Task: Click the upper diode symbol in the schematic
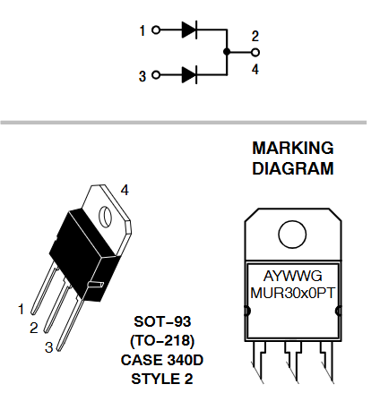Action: point(189,30)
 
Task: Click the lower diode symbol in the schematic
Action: point(189,74)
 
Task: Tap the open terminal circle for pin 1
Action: point(156,30)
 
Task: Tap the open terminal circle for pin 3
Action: point(156,74)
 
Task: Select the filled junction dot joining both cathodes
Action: point(227,52)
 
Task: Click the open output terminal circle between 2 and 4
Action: point(255,52)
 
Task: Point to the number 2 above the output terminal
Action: point(255,36)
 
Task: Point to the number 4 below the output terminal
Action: point(255,69)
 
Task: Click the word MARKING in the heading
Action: point(293,148)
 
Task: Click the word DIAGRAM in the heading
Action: point(293,168)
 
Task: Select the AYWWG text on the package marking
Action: point(292,276)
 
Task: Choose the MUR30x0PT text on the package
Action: point(292,293)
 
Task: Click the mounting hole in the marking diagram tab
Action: point(292,235)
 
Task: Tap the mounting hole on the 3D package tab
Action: point(105,217)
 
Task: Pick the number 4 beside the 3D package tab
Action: point(125,190)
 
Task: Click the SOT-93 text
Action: point(162,321)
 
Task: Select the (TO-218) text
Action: point(162,340)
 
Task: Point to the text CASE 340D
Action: point(162,360)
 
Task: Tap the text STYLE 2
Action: point(162,379)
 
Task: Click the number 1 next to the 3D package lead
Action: point(21,309)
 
